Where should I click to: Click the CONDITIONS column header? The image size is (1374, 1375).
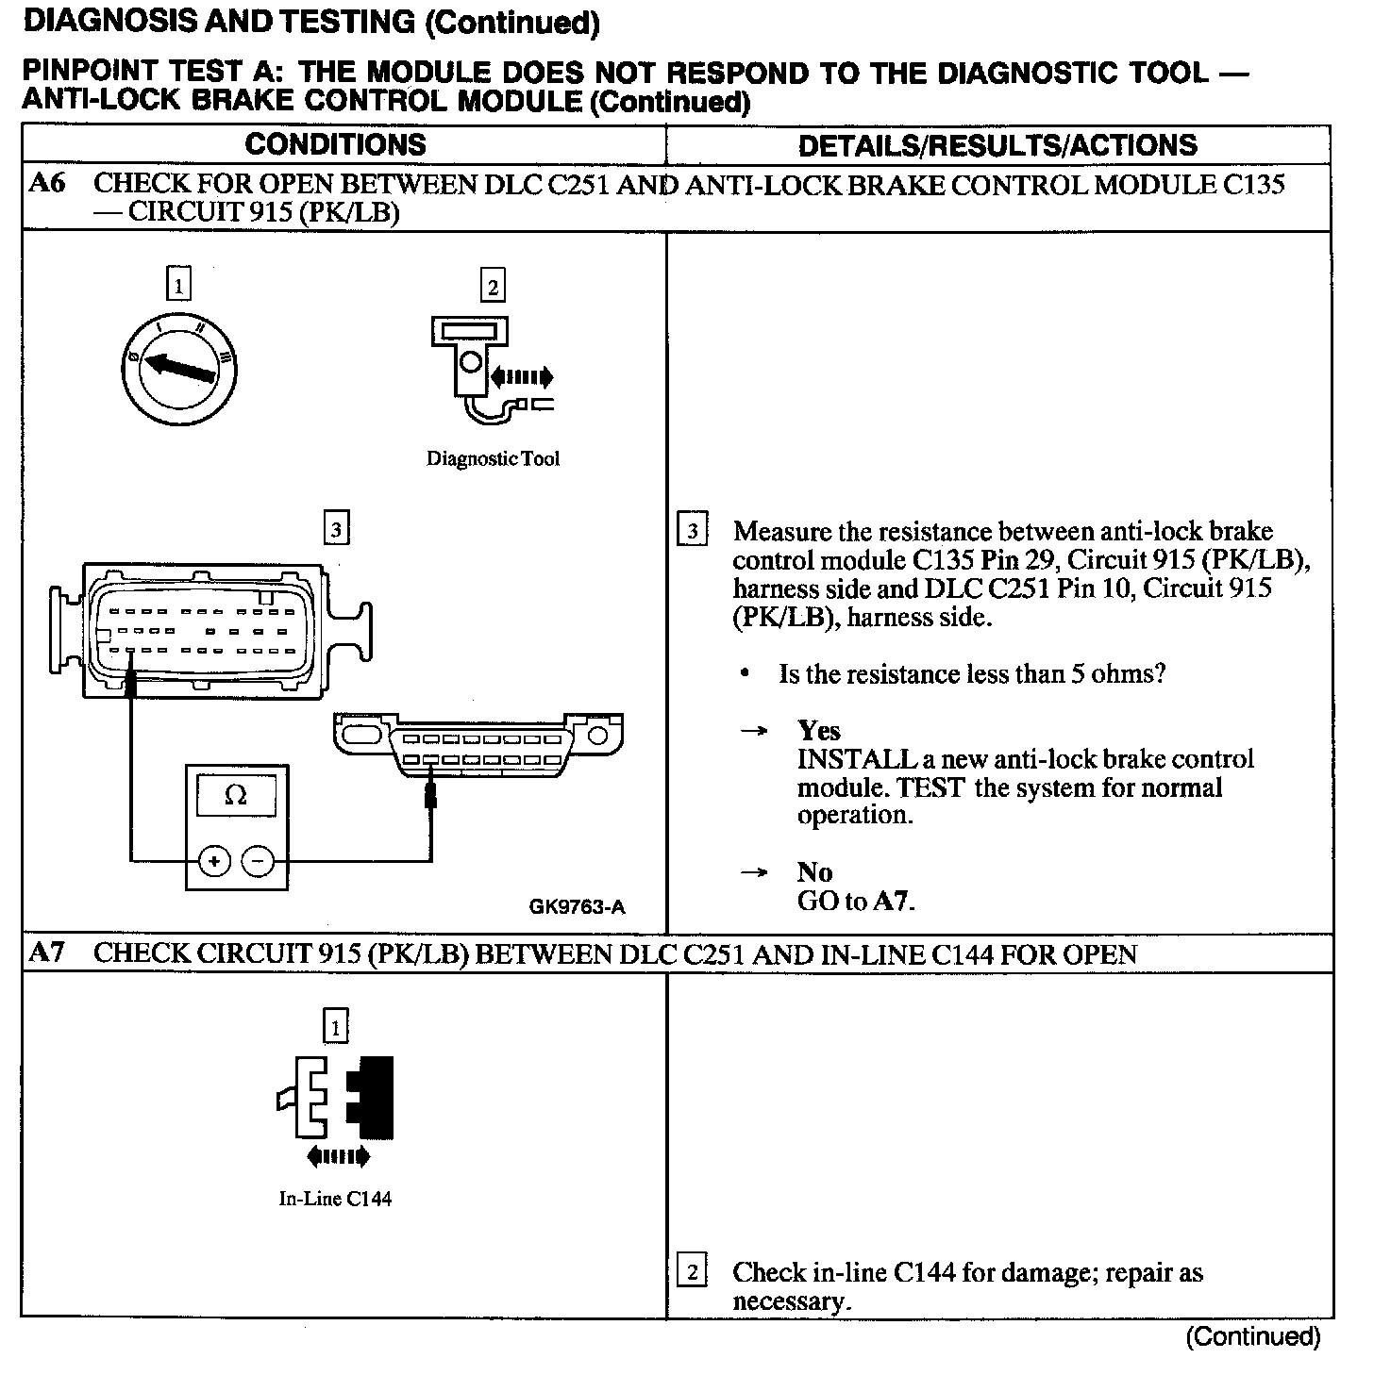coord(335,144)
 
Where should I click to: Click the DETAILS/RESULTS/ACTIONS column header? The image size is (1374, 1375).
coord(997,145)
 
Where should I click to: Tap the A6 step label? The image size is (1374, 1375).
coord(47,183)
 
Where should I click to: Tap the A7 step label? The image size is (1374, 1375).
coord(47,953)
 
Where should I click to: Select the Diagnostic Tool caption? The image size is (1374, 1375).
coord(493,459)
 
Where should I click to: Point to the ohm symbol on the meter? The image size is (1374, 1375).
coord(236,795)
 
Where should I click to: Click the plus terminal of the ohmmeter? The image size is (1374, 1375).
coord(215,860)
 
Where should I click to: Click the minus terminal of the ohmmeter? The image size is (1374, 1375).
coord(258,860)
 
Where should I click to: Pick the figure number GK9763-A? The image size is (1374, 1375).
coord(577,907)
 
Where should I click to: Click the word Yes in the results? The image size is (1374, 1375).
coord(818,731)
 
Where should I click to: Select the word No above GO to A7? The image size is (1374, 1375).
coord(813,872)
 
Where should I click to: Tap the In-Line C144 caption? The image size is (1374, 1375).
coord(335,1199)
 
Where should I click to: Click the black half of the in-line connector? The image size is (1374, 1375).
coord(373,1097)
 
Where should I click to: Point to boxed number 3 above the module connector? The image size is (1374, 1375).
coord(336,529)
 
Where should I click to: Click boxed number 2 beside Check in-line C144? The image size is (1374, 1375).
coord(692,1272)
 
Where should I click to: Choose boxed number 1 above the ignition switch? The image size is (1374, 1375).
coord(178,284)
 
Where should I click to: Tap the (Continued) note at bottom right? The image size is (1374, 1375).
coord(1253,1335)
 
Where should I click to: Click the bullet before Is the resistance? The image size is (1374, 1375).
coord(746,674)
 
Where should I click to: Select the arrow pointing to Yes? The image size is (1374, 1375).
coord(753,731)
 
